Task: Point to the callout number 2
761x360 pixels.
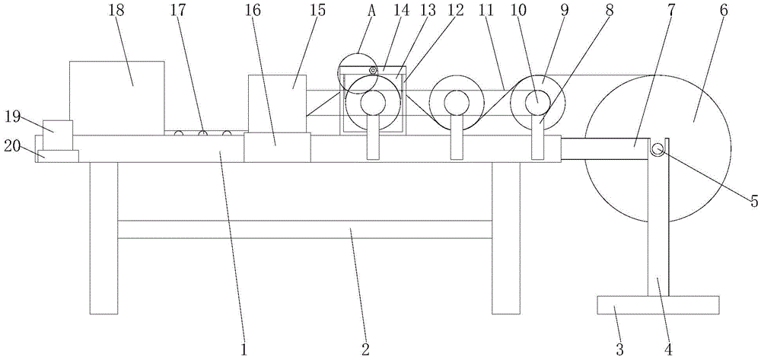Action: point(365,349)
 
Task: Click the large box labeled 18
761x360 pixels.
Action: point(116,95)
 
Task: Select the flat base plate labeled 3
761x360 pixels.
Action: point(658,304)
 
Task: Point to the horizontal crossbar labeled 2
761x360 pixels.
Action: point(304,229)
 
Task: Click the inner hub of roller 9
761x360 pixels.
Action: point(536,98)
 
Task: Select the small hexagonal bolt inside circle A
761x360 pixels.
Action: point(373,71)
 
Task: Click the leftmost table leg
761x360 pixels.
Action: point(103,237)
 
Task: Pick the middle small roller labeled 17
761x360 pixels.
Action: point(203,134)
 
